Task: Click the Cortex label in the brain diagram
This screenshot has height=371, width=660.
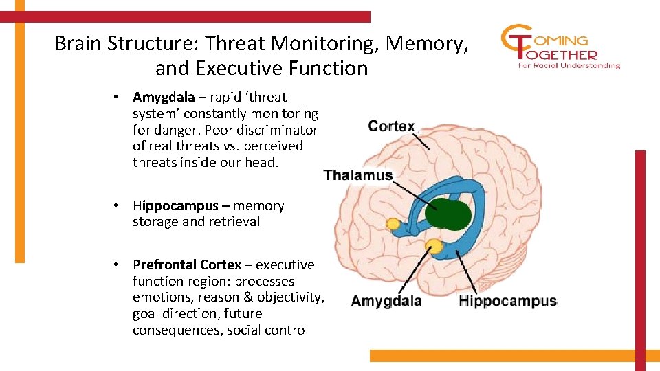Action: coord(391,126)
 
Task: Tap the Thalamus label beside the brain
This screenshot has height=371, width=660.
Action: coord(357,175)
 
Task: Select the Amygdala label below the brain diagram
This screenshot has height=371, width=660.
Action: coord(386,301)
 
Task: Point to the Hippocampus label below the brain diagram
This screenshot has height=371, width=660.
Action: coord(507,301)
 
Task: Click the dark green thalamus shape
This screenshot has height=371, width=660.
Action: coord(448,213)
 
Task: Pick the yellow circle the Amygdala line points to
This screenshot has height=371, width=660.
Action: coord(434,246)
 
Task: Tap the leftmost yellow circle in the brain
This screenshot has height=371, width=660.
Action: coord(393,223)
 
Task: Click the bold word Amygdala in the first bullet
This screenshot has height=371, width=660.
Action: coord(164,98)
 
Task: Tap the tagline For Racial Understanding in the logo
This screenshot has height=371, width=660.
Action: coord(569,66)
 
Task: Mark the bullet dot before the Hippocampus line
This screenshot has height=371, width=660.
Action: coord(118,206)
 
